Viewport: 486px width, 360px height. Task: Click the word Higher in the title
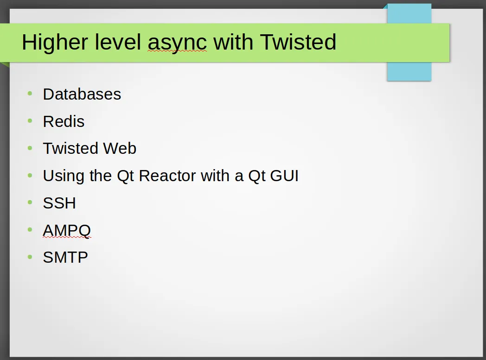pyautogui.click(x=55, y=43)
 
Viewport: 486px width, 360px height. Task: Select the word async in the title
pyautogui.click(x=177, y=44)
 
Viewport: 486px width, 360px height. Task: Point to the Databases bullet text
pyautogui.click(x=82, y=94)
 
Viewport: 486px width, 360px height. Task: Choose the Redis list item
pyautogui.click(x=64, y=121)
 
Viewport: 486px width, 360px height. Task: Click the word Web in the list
pyautogui.click(x=120, y=148)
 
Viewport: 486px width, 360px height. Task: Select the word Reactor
pyautogui.click(x=167, y=176)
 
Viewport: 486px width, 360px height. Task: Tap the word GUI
pyautogui.click(x=284, y=176)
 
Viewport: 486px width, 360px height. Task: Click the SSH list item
pyautogui.click(x=59, y=203)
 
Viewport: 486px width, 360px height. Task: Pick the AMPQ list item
pyautogui.click(x=67, y=231)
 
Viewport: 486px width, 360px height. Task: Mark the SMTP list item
pyautogui.click(x=65, y=258)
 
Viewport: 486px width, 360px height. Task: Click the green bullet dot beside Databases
pyautogui.click(x=30, y=94)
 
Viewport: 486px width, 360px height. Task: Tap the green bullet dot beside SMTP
pyautogui.click(x=30, y=257)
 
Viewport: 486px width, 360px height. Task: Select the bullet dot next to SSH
pyautogui.click(x=30, y=202)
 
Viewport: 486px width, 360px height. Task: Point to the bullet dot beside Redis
pyautogui.click(x=30, y=121)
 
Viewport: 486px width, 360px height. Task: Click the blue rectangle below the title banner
pyautogui.click(x=409, y=71)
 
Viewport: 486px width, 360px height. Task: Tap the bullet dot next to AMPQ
pyautogui.click(x=30, y=229)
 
